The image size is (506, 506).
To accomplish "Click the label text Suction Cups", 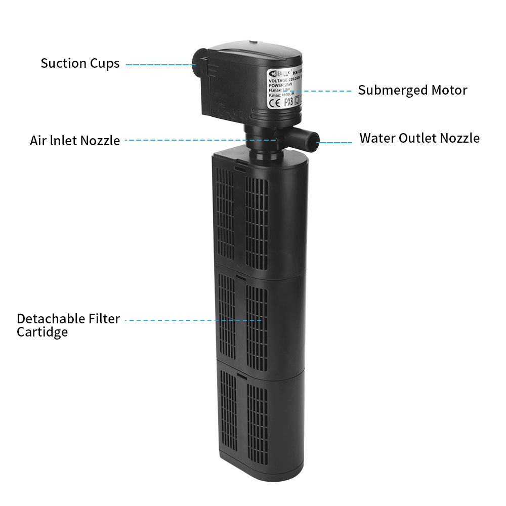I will [80, 63].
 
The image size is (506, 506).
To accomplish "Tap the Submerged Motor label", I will [412, 91].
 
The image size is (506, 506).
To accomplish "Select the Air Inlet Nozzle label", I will [75, 141].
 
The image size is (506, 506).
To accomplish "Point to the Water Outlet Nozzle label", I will [419, 138].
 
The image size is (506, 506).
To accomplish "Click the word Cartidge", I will [42, 332].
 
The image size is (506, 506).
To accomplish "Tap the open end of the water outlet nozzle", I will [315, 138].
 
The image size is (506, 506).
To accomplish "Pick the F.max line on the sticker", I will [283, 95].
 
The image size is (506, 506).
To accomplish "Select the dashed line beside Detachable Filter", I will [192, 320].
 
